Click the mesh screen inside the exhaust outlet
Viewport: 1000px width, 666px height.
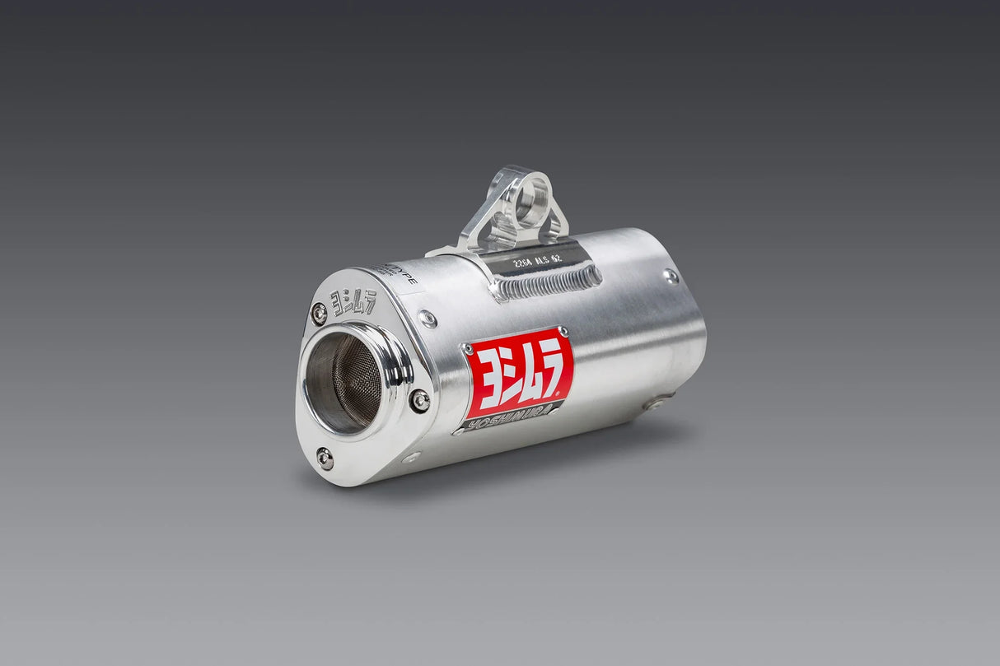point(346,383)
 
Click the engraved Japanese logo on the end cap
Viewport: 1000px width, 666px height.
point(353,302)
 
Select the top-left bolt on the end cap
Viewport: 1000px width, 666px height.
point(318,314)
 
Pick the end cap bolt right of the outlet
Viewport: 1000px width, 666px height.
point(419,401)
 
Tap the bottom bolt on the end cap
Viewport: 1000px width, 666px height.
point(325,459)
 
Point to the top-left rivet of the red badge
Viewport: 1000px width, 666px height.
point(469,349)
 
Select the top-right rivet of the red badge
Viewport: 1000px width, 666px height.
point(563,331)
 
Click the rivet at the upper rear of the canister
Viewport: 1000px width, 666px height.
point(671,277)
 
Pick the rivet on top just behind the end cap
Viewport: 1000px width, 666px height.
point(427,319)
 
